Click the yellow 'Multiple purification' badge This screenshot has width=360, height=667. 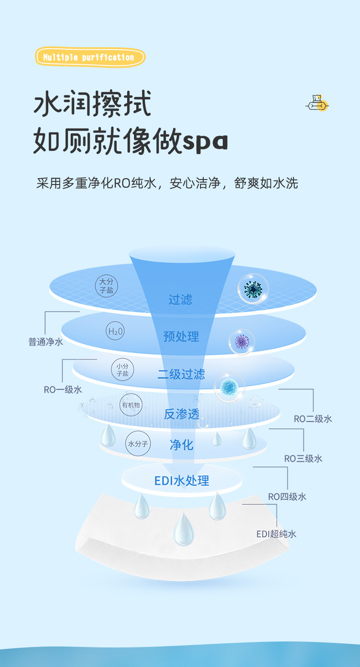(x=90, y=57)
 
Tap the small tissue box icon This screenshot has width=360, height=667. (x=317, y=104)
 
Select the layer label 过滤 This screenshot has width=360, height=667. (x=180, y=299)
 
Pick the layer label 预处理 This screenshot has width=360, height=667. (x=181, y=337)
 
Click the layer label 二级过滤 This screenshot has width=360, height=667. (x=181, y=374)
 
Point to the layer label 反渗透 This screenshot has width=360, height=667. (x=181, y=414)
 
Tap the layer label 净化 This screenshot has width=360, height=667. (x=181, y=445)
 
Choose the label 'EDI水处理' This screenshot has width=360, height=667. (x=181, y=480)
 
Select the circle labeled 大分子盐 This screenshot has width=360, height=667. (x=107, y=286)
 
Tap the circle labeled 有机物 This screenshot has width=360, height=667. (x=131, y=405)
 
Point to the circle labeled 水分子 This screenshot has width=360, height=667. (x=138, y=443)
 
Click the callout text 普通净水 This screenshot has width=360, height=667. (x=46, y=342)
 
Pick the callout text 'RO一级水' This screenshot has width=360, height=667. (x=63, y=390)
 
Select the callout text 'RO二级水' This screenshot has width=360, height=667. (x=313, y=419)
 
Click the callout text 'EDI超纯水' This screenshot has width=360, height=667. (x=276, y=534)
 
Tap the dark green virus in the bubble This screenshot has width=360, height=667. (x=252, y=288)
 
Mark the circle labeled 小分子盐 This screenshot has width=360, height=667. (x=123, y=369)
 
